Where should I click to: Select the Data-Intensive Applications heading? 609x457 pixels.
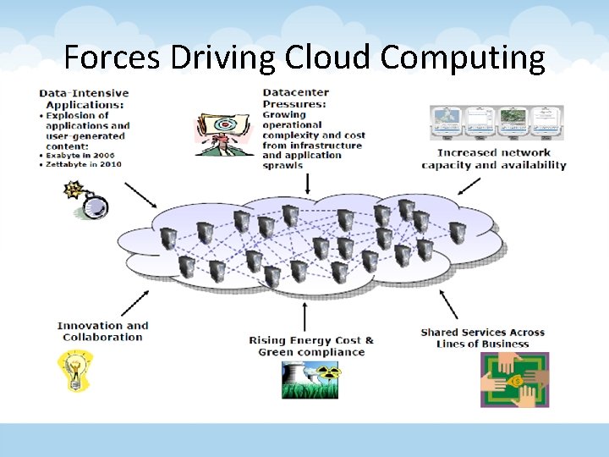tap(84, 98)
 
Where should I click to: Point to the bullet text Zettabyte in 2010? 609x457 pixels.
tap(86, 164)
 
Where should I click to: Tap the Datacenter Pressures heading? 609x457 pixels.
tap(296, 98)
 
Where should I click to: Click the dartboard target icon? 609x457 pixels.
tap(223, 132)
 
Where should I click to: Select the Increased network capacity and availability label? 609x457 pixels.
tap(494, 159)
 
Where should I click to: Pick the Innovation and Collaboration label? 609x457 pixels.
tap(102, 331)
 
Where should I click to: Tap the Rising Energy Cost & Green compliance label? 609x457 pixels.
tap(310, 346)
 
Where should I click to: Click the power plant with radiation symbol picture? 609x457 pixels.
tap(310, 380)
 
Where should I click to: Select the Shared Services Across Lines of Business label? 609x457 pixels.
tap(482, 338)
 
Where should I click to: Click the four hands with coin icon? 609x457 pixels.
tap(514, 379)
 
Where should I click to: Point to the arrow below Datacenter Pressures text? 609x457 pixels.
tap(308, 183)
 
